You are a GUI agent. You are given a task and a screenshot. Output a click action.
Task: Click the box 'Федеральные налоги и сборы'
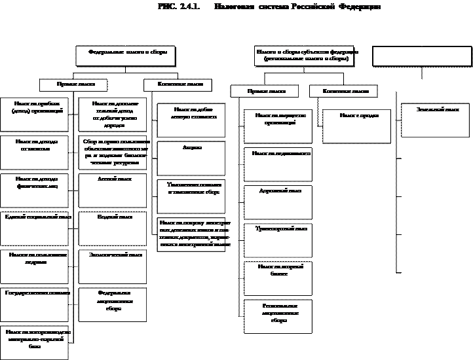coord(126,55)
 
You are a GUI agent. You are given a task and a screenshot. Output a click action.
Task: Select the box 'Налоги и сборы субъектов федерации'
coord(305,55)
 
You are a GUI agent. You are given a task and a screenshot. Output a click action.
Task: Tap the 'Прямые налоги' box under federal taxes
coord(73,85)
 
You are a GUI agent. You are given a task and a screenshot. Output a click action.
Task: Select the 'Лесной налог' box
coord(111,189)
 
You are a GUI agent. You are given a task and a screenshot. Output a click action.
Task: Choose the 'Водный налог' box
coord(111,226)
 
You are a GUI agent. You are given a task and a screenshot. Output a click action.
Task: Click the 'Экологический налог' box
coord(111,264)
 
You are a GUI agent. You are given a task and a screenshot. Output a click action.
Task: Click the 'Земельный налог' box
coord(435,120)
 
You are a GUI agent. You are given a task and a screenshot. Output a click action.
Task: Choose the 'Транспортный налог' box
coord(276,239)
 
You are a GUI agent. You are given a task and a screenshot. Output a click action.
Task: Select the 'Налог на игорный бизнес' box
coord(276,277)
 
